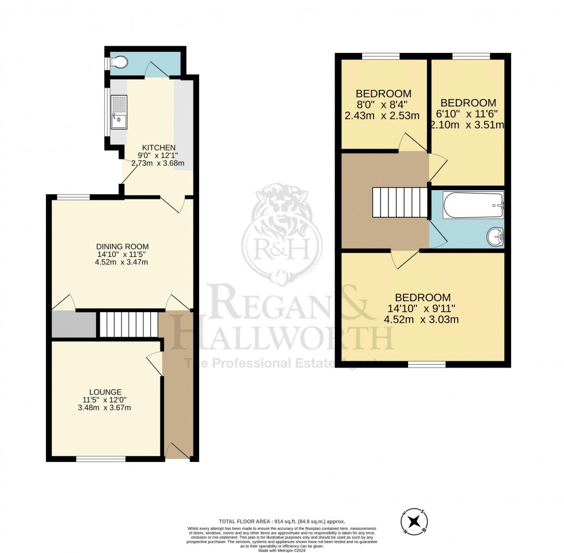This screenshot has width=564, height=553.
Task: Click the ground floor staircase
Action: tap(128, 324)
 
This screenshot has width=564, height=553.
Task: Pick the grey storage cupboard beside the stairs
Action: tap(74, 324)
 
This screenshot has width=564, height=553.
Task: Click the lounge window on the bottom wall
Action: tap(101, 459)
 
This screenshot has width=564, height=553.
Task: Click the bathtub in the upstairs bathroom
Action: tap(473, 205)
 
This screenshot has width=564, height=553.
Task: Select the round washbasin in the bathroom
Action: tap(495, 236)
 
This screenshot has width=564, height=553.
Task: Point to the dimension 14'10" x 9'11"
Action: tap(422, 308)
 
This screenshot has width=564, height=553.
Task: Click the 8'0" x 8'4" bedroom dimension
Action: tap(383, 105)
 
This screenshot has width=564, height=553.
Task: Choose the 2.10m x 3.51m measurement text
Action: tap(467, 124)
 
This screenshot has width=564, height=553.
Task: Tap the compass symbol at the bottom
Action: tap(413, 522)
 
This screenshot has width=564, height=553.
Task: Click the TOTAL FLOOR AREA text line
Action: tap(281, 521)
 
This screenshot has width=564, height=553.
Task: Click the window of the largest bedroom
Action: tap(427, 364)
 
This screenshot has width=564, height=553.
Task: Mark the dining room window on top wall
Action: tap(73, 197)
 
